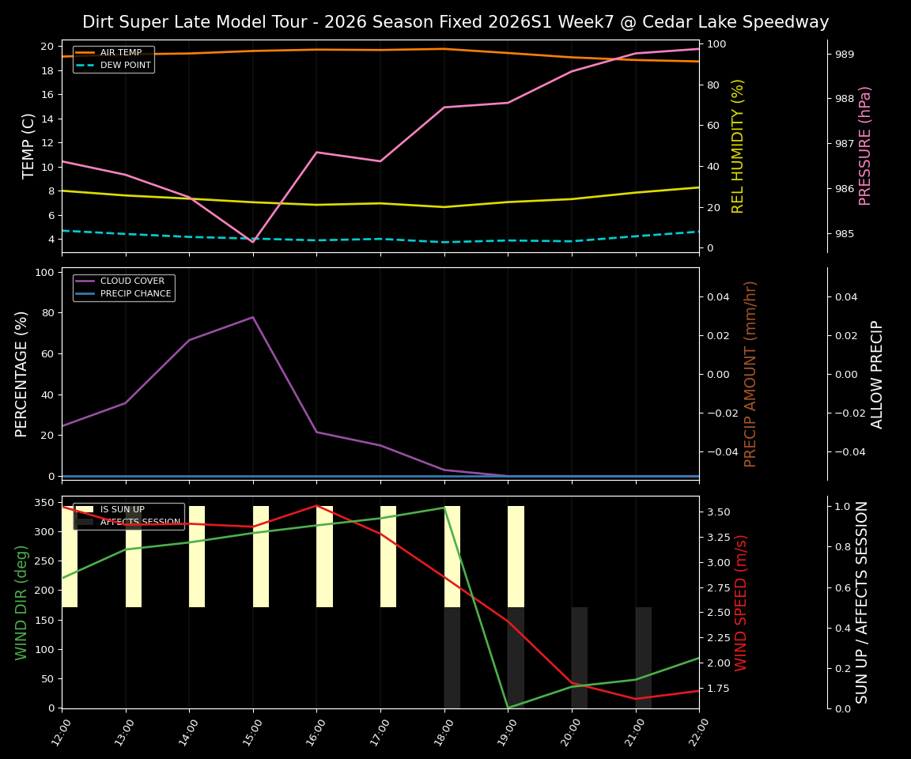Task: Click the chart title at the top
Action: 455,22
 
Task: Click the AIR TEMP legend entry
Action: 120,53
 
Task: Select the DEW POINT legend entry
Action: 125,66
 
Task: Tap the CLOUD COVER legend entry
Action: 132,281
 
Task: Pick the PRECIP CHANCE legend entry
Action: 135,294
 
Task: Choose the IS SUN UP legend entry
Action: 122,510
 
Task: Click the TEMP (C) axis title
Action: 28,145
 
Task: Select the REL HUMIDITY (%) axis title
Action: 739,145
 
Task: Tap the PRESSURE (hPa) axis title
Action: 865,145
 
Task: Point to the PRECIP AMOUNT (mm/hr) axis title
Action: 750,373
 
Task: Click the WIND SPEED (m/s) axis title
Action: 741,602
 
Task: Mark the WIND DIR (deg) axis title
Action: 22,602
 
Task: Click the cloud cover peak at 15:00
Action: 253,317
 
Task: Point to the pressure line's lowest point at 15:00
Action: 253,242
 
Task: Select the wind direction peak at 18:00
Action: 444,507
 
